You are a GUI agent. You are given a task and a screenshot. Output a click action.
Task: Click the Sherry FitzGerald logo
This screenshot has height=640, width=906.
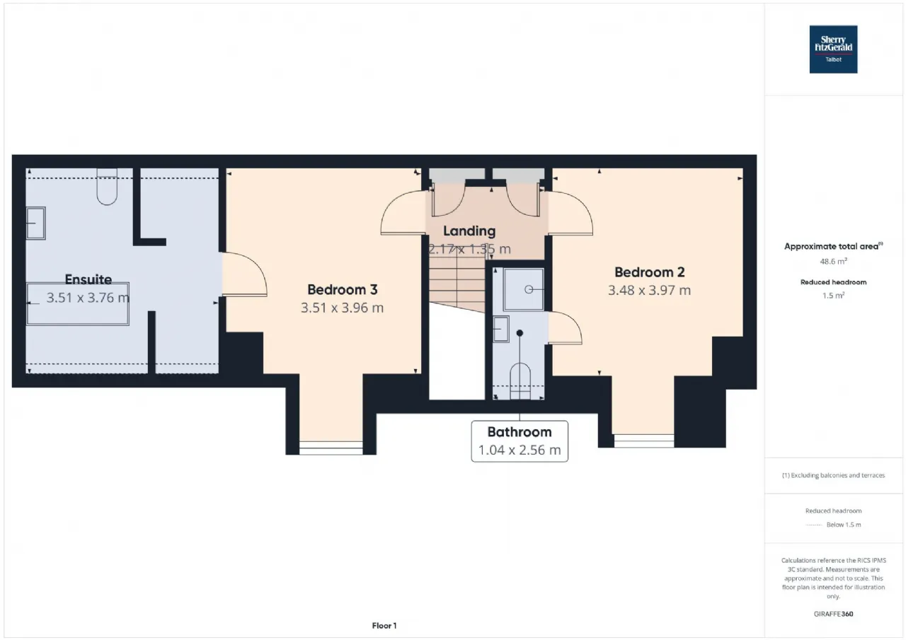(x=833, y=50)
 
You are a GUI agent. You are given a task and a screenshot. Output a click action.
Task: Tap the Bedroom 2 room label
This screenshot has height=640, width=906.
(x=650, y=272)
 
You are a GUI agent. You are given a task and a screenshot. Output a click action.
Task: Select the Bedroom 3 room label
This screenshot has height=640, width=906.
(x=342, y=290)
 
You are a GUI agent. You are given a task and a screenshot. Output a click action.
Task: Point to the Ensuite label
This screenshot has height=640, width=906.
(x=88, y=279)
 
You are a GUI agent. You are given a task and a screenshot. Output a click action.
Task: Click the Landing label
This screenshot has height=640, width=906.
(x=469, y=231)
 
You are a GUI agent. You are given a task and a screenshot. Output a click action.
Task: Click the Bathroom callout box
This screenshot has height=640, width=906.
(x=520, y=441)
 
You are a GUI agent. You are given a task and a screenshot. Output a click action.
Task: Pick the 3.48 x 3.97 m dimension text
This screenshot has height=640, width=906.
(x=649, y=290)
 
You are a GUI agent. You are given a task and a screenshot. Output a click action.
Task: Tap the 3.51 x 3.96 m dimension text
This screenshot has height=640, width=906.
(x=342, y=308)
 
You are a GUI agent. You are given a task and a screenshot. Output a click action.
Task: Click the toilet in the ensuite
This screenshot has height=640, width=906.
(x=107, y=187)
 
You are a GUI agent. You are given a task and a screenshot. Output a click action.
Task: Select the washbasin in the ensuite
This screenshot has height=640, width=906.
(x=36, y=223)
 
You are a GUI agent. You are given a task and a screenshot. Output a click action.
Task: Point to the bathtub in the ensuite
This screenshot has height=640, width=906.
(x=78, y=304)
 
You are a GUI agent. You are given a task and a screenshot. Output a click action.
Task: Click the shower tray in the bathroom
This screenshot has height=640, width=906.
(x=524, y=289)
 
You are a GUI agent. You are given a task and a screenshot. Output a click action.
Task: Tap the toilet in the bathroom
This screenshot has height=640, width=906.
(x=520, y=381)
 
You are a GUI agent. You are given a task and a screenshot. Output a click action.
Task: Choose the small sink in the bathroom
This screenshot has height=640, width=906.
(x=501, y=330)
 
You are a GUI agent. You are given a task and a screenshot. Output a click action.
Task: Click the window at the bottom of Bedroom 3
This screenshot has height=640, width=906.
(x=331, y=448)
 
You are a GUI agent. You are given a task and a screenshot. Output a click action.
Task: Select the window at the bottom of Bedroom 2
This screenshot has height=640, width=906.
(x=644, y=441)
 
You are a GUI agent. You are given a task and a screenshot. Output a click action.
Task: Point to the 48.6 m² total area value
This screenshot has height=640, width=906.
(x=833, y=262)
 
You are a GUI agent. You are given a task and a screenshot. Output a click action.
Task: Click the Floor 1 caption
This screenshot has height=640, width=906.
(x=384, y=625)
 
